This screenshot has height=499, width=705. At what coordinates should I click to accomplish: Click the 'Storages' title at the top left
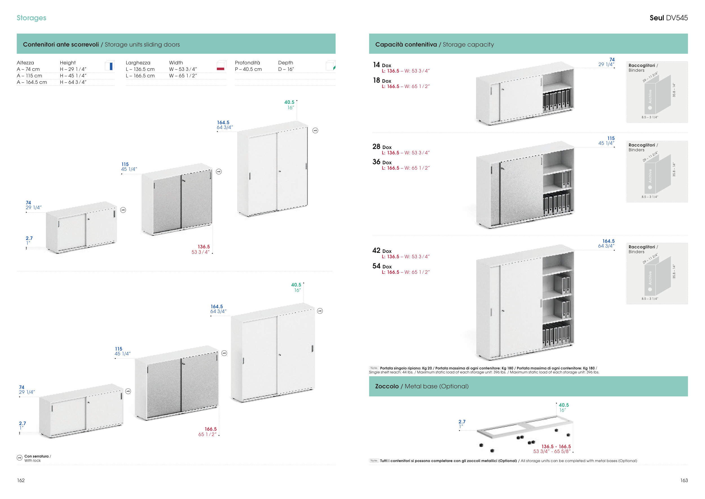coord(31,18)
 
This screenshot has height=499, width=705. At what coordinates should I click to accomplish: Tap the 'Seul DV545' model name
coord(668,18)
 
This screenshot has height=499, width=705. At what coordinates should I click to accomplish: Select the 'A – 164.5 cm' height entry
coord(32,82)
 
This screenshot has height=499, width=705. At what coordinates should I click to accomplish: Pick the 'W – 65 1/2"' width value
coord(183,76)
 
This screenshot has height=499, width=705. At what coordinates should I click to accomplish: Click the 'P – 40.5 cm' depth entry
coord(248,69)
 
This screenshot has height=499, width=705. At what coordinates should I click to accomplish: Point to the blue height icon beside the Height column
coord(110,66)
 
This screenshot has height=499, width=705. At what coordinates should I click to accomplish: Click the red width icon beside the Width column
coord(221,66)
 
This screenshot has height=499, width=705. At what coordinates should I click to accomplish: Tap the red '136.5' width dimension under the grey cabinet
coord(204,247)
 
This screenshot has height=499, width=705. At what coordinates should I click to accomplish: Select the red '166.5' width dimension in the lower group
coord(211,429)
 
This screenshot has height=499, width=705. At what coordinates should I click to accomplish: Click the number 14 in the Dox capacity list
coord(376,65)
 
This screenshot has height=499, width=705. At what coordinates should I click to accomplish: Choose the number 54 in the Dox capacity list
coord(376,266)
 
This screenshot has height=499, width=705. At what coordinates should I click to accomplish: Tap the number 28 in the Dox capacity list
coord(376,146)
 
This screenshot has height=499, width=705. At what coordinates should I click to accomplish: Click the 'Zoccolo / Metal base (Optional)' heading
coord(422,386)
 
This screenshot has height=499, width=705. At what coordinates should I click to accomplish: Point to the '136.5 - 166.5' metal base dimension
coord(556,447)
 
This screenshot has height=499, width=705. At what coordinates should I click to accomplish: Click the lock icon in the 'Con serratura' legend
coord(20,458)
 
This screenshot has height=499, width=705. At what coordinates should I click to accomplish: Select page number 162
coord(21,480)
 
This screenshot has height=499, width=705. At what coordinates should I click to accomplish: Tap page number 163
coord(684,480)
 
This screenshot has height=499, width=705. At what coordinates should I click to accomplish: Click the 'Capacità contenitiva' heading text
coord(406,45)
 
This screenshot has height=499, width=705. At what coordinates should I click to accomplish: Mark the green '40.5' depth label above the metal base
coord(564,405)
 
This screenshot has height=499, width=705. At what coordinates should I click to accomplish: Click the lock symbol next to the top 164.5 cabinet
coord(315,131)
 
